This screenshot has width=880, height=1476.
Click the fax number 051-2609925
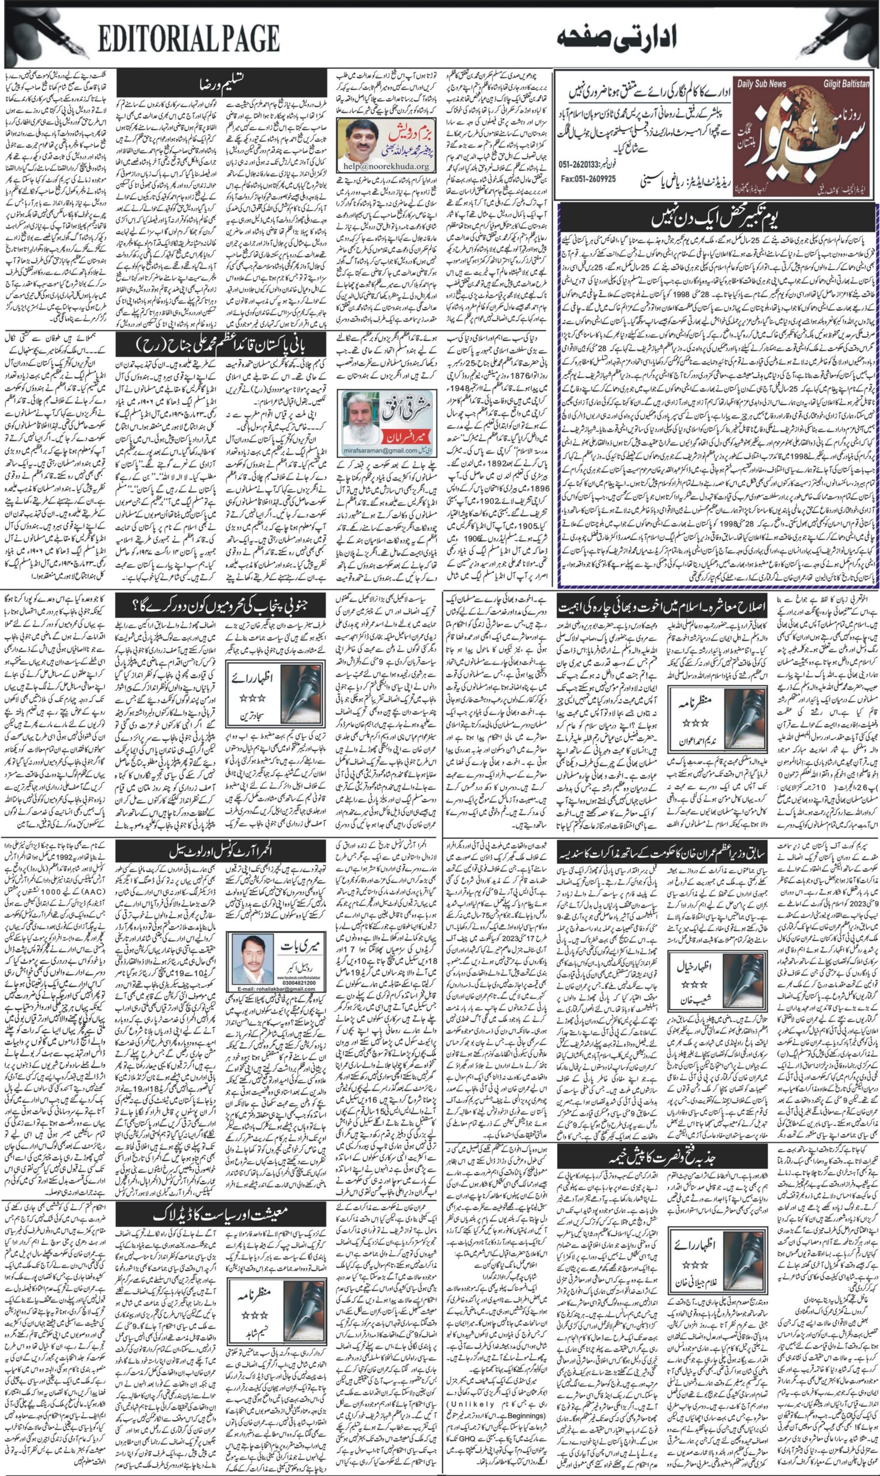pos(588,178)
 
